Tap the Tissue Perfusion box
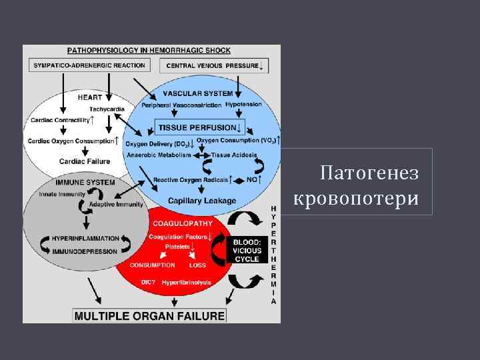[199, 127]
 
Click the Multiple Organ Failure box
[149, 315]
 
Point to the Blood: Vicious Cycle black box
[248, 250]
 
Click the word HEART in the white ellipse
[89, 97]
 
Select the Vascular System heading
[197, 93]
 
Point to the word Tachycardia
[106, 108]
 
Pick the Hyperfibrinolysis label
[186, 283]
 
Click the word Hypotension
[244, 105]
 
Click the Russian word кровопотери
[356, 198]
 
